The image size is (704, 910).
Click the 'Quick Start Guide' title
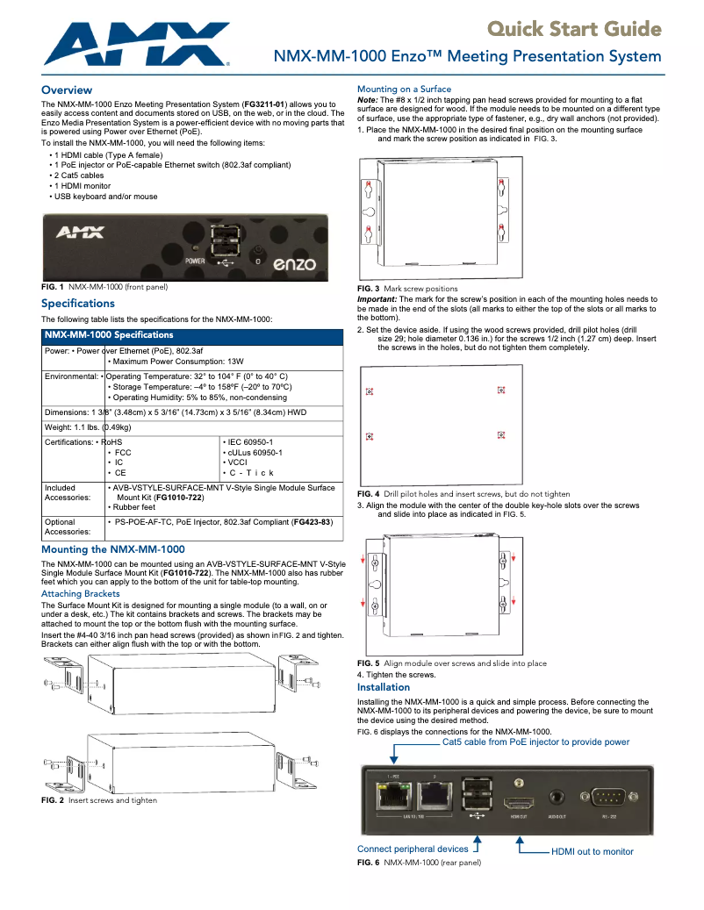click(x=574, y=30)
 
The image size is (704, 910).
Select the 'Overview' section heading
click(x=67, y=90)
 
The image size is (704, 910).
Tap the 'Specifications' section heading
click(x=78, y=304)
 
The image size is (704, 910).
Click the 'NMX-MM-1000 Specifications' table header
click(x=109, y=335)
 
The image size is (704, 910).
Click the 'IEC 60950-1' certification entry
click(x=251, y=442)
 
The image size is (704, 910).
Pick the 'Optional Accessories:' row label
click(x=68, y=527)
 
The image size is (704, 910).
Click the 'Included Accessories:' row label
click(x=68, y=492)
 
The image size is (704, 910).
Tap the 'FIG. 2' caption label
click(x=53, y=800)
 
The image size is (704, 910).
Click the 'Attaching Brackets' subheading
click(x=81, y=594)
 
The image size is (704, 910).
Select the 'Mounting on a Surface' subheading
click(x=404, y=90)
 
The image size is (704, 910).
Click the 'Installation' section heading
click(x=384, y=687)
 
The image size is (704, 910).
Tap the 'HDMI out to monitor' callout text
click(x=592, y=851)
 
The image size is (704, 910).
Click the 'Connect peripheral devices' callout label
click(x=413, y=849)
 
